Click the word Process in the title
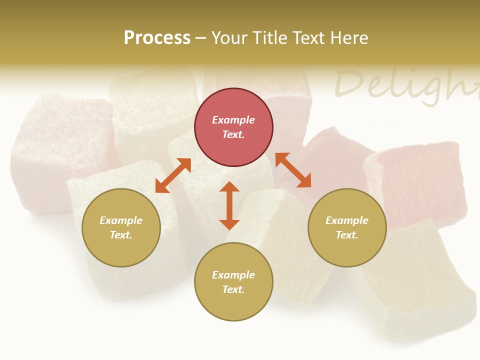157,38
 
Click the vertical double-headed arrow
229,205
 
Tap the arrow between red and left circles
173,175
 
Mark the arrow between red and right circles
293,170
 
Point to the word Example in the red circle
233,120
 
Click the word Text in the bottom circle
233,289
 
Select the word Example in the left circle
121,220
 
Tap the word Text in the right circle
347,235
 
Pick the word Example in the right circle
347,220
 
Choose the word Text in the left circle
121,235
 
